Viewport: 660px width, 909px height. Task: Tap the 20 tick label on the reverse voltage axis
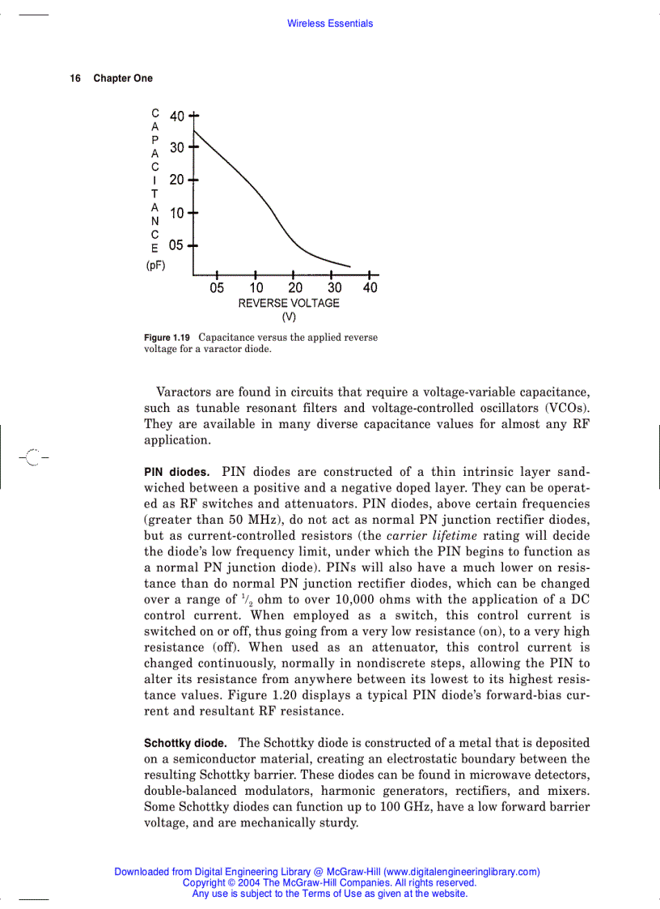tap(295, 287)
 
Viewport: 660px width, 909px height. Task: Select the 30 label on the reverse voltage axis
tap(334, 287)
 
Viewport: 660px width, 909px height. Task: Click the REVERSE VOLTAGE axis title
tap(289, 303)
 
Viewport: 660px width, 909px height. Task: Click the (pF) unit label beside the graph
tap(155, 265)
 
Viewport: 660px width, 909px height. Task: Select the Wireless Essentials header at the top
tap(330, 24)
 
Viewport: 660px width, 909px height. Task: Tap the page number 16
tap(75, 79)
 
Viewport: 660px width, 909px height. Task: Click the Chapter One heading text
tap(123, 79)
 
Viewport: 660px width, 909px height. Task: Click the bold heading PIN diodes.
tap(176, 472)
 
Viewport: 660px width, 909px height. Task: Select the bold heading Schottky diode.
tap(185, 743)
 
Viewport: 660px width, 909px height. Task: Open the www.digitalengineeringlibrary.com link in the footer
tap(462, 872)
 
